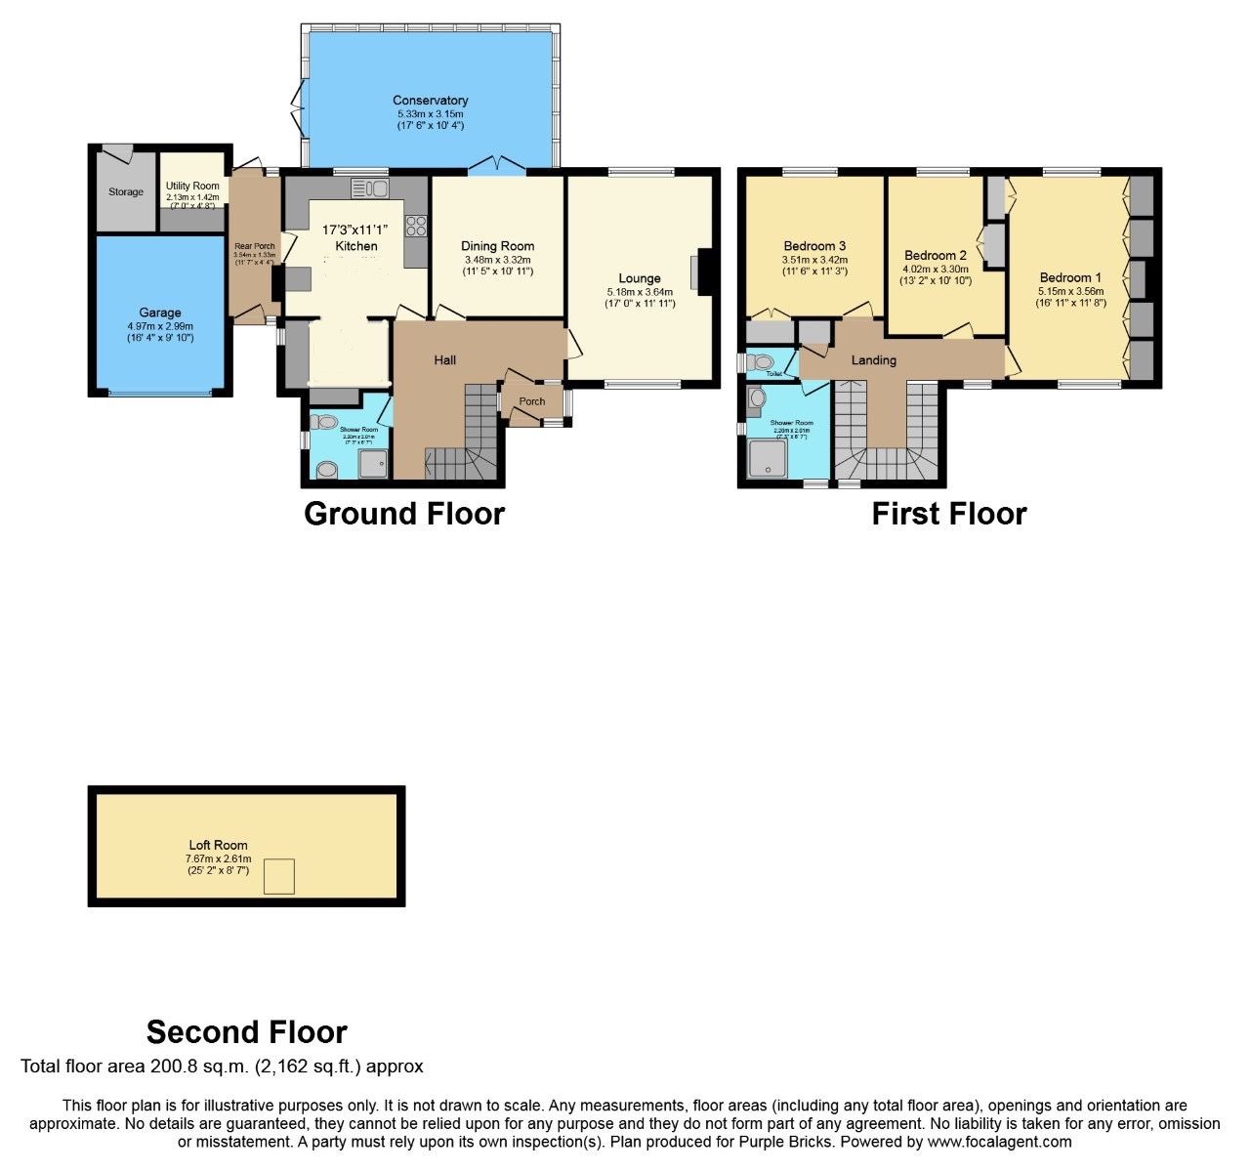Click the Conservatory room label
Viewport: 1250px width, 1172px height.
point(430,101)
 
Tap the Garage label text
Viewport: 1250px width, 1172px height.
point(160,314)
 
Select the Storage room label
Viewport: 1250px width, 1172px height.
point(125,192)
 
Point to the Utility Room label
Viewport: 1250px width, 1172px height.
point(192,186)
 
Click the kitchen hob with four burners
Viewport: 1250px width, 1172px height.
point(416,225)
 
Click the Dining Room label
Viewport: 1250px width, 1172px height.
point(497,246)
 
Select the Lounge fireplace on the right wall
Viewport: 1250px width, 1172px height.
point(700,272)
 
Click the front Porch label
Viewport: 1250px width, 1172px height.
point(532,401)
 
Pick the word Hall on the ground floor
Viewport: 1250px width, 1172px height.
point(445,360)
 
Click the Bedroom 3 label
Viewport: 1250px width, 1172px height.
point(814,246)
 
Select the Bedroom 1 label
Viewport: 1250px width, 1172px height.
point(1070,277)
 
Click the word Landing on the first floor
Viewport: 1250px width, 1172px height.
point(873,360)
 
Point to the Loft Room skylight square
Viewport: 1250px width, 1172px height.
point(280,876)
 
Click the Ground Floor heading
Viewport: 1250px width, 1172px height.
point(404,514)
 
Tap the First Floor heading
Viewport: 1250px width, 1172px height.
point(948,514)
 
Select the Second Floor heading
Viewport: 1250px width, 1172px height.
point(246,1032)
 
